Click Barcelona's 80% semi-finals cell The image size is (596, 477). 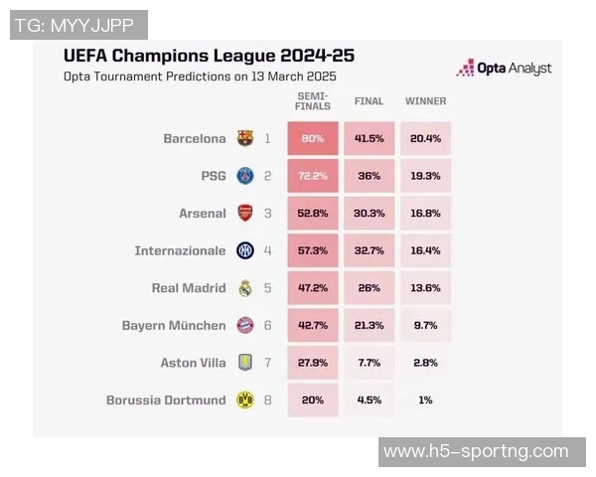314,139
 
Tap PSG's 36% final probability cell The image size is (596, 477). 370,176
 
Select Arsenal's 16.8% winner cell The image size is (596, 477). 426,213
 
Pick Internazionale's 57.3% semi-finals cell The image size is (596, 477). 314,250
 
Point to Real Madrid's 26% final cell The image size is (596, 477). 370,288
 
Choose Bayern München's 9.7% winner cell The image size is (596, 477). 426,325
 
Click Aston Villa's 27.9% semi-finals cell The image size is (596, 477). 314,363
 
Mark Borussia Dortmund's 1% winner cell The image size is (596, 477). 426,399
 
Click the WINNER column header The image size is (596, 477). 426,101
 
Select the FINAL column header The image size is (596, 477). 370,101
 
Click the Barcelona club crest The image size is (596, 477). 245,139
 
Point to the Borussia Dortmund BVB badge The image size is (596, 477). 245,399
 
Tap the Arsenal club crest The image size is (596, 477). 245,213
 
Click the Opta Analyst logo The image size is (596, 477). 504,69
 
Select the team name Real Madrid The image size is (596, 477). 189,288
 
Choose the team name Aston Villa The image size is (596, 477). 193,363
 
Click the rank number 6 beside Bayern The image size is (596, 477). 267,325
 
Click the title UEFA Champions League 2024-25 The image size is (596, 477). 209,56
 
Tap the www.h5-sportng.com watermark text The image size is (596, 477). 476,451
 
